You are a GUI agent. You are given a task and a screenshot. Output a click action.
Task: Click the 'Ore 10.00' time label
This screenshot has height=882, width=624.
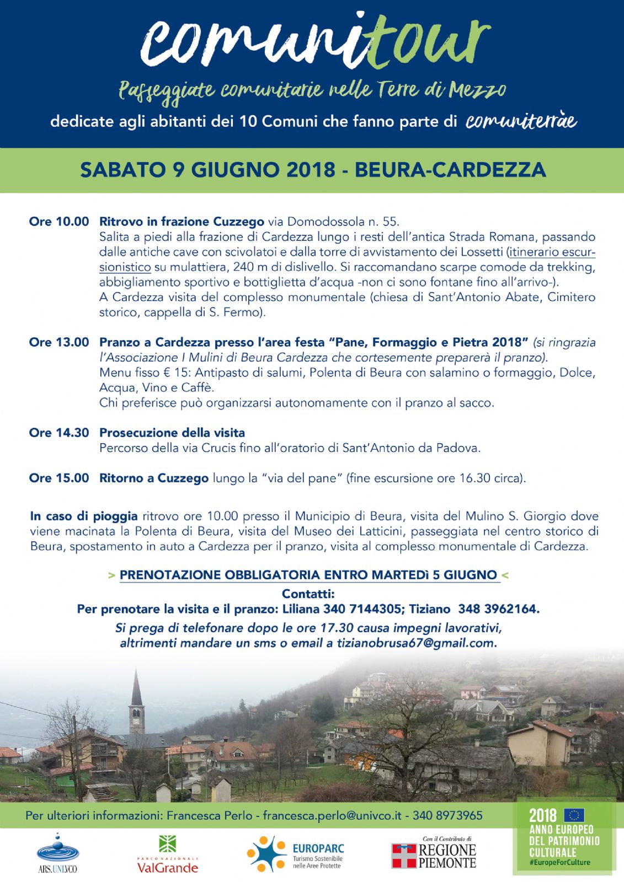click(58, 222)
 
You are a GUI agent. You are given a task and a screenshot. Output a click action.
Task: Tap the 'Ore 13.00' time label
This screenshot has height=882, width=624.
click(58, 342)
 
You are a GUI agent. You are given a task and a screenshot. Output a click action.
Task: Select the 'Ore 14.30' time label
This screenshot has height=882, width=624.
click(58, 433)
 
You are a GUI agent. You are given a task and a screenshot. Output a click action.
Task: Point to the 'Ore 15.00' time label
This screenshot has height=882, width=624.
click(58, 478)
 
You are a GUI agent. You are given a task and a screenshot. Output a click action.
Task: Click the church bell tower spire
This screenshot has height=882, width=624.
click(136, 689)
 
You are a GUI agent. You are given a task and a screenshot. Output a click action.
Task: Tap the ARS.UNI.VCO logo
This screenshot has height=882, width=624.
click(57, 853)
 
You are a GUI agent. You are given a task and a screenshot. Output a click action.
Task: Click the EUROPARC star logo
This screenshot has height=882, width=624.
click(266, 854)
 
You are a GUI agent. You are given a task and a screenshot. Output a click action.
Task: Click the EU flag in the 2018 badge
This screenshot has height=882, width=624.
click(575, 815)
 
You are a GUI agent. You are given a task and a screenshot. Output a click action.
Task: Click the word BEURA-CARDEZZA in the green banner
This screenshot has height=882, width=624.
click(450, 170)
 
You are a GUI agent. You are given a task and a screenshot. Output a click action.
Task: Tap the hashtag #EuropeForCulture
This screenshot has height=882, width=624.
click(559, 862)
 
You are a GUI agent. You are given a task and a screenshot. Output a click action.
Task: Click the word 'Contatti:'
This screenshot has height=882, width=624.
click(308, 594)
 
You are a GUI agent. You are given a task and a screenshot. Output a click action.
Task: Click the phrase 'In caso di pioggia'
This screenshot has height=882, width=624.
click(84, 516)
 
